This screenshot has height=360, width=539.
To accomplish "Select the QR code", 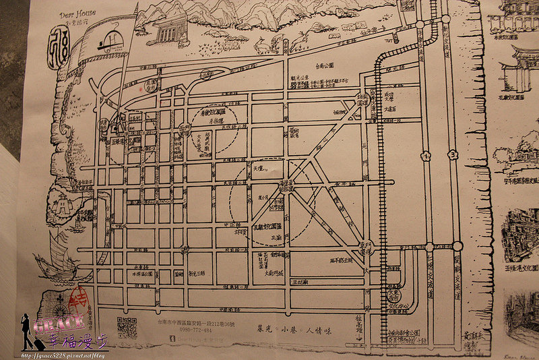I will (127, 327).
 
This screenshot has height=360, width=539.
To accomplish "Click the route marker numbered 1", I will (426, 156).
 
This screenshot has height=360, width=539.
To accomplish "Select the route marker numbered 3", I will (453, 154).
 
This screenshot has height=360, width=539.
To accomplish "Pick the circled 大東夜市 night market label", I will (393, 295).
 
